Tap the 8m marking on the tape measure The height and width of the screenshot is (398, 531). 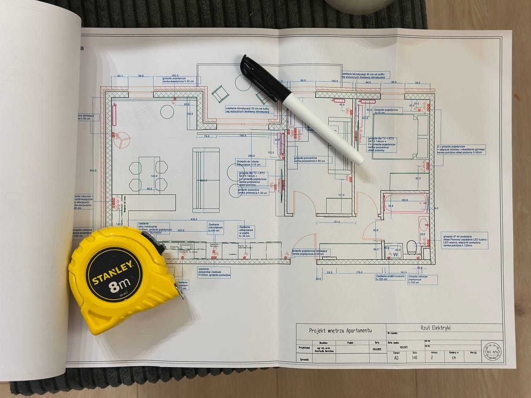[119, 286]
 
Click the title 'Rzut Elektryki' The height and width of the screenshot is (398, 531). [432, 328]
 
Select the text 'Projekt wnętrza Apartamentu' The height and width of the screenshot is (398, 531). [341, 330]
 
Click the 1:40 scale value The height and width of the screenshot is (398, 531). [414, 357]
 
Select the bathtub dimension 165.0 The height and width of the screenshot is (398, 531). [405, 200]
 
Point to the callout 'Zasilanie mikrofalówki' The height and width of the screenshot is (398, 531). [216, 226]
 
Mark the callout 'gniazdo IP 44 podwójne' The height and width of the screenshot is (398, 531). [465, 240]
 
